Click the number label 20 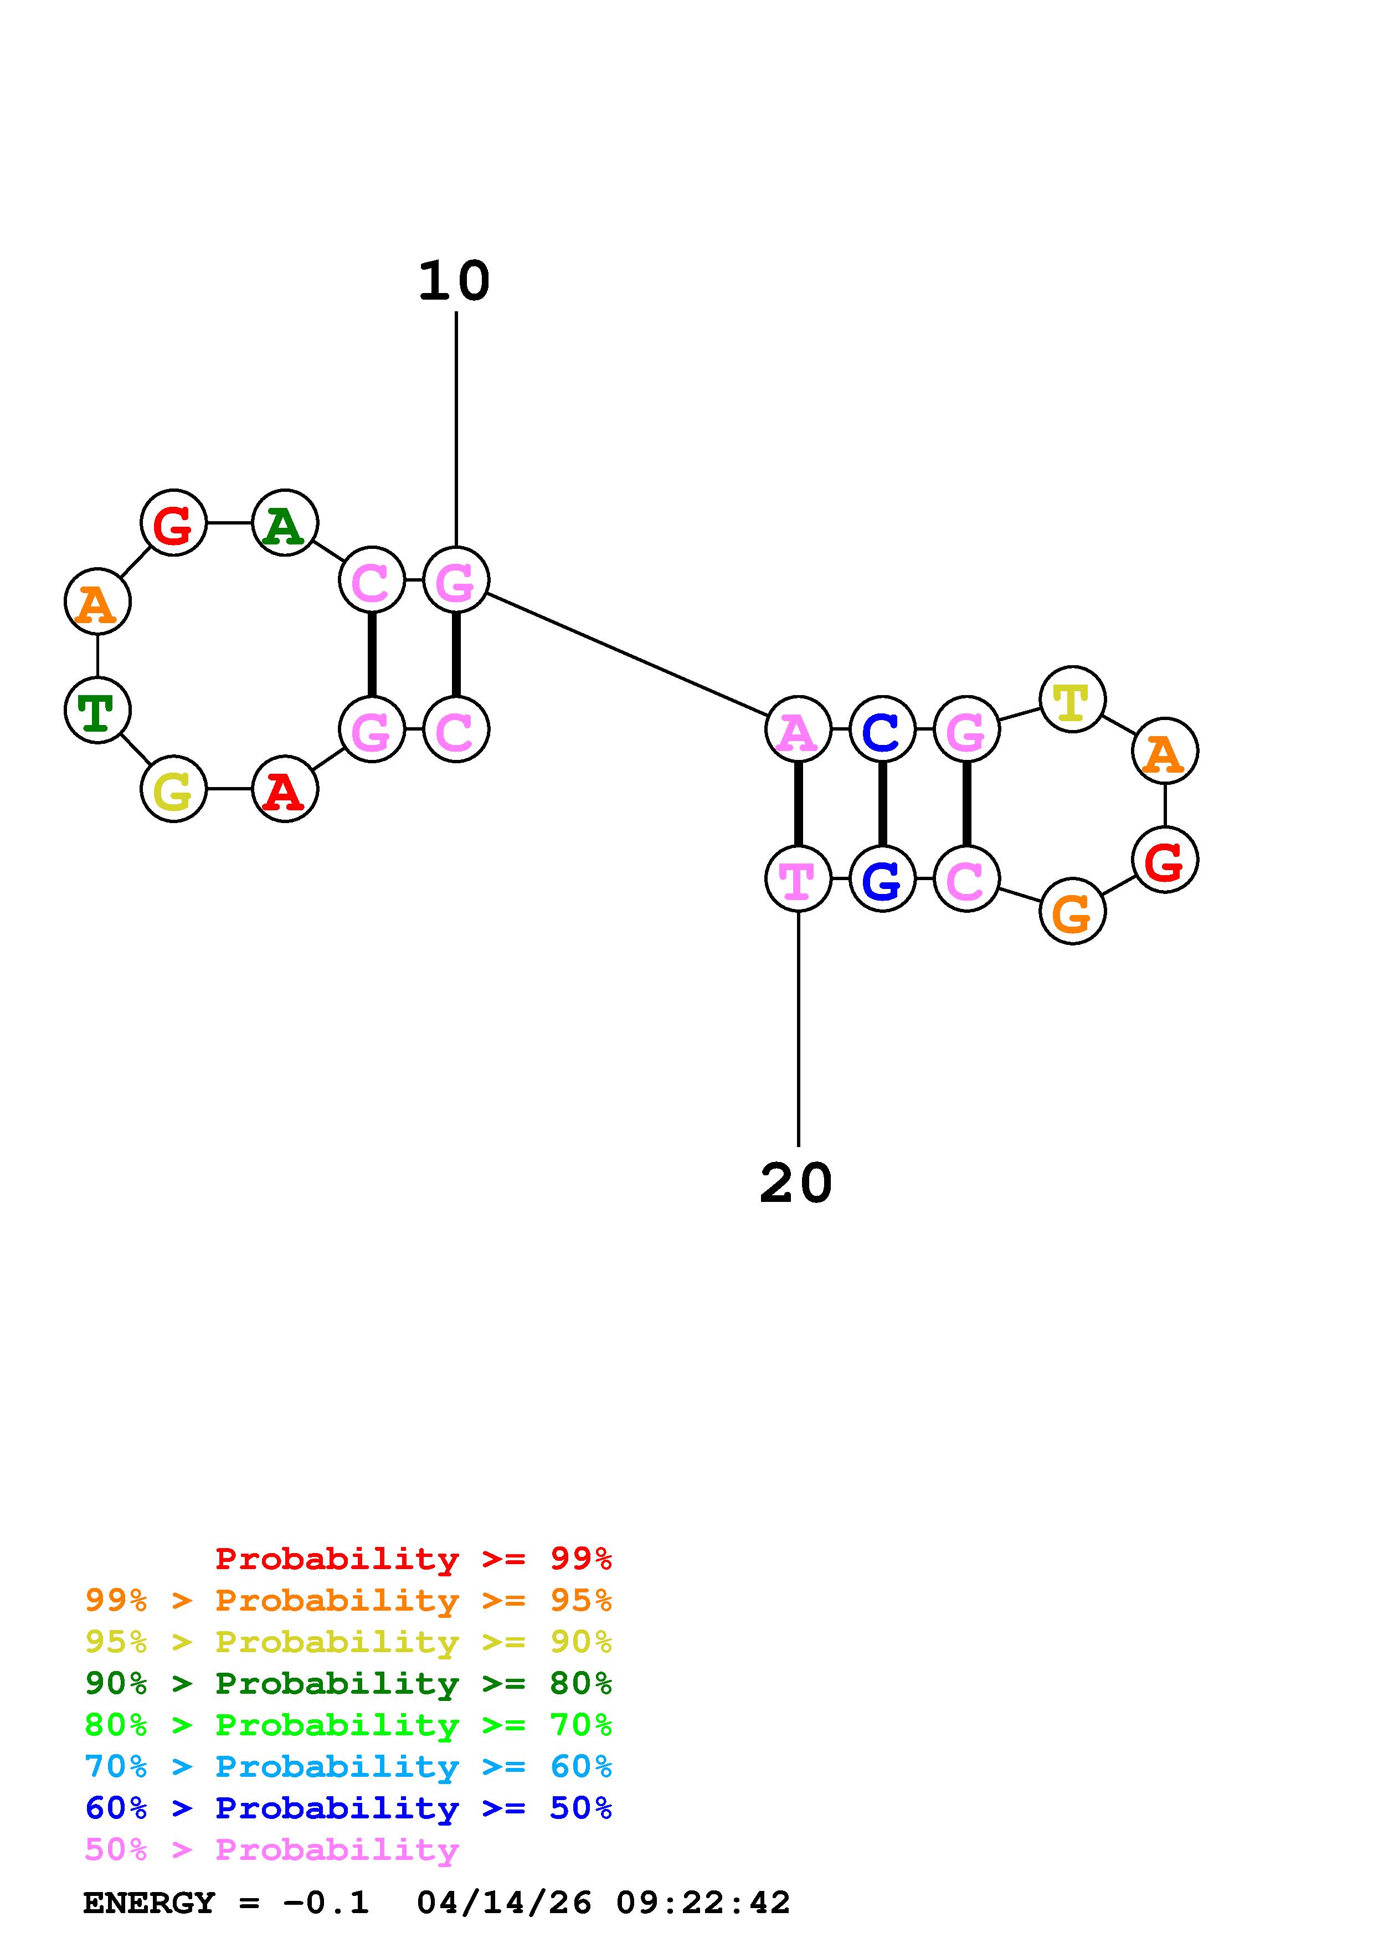tap(796, 1183)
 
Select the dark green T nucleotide tap(97, 710)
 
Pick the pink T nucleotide tap(798, 878)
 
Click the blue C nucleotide tap(882, 729)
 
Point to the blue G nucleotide tap(882, 878)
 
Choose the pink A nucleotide tap(798, 729)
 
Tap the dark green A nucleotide tap(285, 524)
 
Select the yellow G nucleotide tap(173, 790)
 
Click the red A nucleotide tap(285, 790)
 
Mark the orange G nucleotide tap(1072, 912)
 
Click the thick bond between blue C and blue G tap(882, 804)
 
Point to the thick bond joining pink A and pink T tap(798, 804)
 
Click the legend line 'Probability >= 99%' tap(414, 1558)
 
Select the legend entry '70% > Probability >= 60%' tap(348, 1766)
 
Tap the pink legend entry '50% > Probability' tap(271, 1850)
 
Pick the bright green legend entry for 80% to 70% tap(348, 1725)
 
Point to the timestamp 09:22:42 tap(703, 1903)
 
